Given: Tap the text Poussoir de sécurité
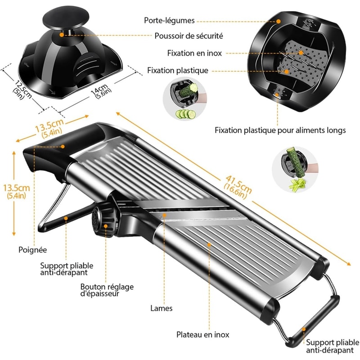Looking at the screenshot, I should coord(189,36).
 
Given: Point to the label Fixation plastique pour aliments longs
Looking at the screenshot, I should coord(280,130).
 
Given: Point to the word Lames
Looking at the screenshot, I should coord(161,309).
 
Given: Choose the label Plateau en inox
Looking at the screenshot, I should coord(202,335).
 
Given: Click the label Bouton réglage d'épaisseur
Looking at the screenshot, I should coord(107,290).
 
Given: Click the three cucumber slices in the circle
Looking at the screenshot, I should coord(183,114).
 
